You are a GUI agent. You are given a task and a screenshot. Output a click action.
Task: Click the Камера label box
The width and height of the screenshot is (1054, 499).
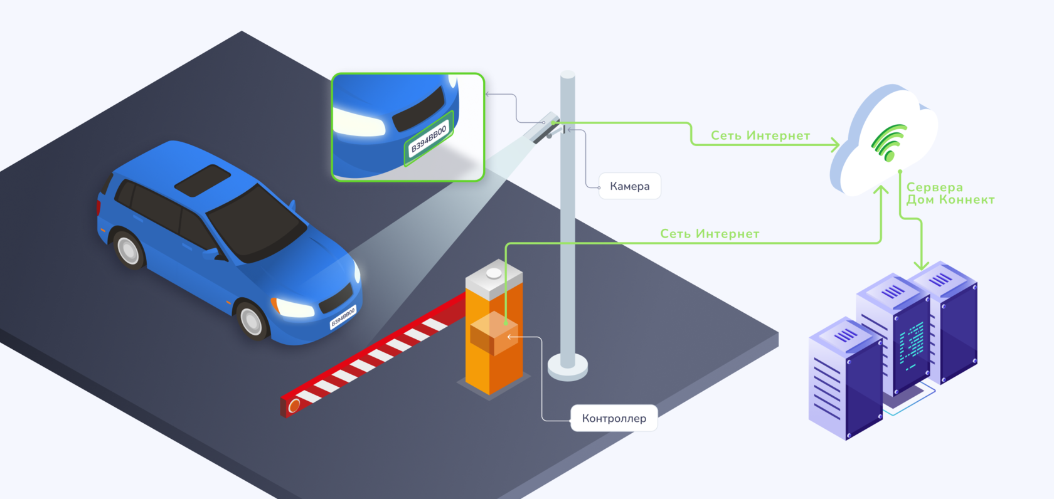[x=629, y=186]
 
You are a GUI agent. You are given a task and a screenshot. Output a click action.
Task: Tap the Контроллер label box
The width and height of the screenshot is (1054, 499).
[x=614, y=418]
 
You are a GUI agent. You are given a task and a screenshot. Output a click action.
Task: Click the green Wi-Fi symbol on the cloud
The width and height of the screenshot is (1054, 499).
[x=890, y=142]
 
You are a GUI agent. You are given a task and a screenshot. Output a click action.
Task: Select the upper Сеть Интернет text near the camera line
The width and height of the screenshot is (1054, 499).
[x=760, y=135]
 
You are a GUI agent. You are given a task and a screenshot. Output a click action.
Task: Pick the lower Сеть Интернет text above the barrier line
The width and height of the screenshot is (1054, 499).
[x=709, y=234]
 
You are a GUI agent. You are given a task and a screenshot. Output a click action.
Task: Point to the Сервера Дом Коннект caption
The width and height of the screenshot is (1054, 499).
[x=949, y=193]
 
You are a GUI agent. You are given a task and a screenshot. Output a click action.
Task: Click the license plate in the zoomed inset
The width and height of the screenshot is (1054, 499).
[x=429, y=139]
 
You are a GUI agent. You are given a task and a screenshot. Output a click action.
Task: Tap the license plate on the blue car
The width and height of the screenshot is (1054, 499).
[x=343, y=318]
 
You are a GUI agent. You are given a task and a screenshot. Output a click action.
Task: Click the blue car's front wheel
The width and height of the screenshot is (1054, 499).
[x=252, y=320]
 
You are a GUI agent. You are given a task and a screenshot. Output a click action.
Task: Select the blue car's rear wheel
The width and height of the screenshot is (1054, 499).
[x=129, y=250]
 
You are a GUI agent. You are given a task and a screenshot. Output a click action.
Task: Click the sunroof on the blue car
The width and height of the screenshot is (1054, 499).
[x=202, y=180]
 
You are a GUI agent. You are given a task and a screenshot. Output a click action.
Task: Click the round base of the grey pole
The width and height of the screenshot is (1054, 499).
[x=567, y=367]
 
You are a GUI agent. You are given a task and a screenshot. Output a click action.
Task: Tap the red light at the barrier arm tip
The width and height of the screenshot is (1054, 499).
[x=294, y=407]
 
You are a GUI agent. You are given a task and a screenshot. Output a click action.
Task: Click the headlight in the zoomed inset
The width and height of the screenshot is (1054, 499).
[x=358, y=122]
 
